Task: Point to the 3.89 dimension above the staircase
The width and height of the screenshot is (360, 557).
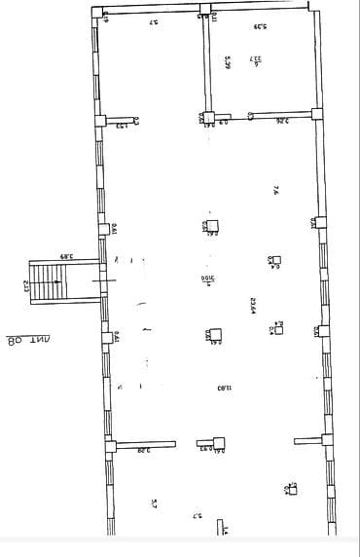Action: click(66, 255)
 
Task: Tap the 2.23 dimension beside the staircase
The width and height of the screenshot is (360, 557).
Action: click(26, 286)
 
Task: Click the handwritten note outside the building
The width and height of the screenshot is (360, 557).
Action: click(29, 340)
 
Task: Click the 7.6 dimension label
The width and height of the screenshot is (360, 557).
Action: click(276, 191)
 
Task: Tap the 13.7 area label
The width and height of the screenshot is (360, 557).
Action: click(255, 60)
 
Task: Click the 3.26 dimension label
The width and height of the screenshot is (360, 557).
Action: click(281, 121)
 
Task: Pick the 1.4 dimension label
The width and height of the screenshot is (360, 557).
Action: click(223, 530)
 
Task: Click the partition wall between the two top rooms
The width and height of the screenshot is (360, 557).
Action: click(206, 66)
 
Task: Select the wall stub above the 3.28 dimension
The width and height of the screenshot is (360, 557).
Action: click(143, 445)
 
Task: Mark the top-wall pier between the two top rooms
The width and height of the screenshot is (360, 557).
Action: click(204, 11)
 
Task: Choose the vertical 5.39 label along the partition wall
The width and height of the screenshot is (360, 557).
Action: click(226, 61)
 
